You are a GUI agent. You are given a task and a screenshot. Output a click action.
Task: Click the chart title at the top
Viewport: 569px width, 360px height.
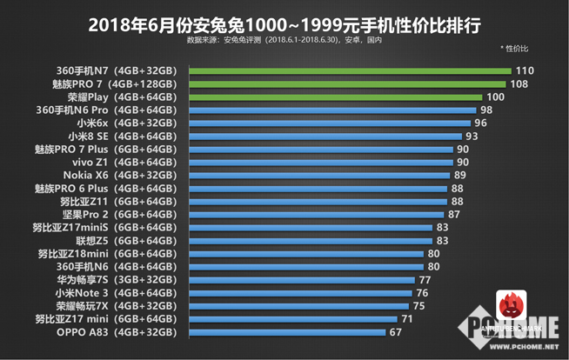[284, 21]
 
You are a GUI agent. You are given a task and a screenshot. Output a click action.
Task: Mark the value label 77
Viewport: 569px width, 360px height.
[425, 280]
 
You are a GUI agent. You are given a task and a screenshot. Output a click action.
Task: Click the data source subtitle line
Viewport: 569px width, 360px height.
[284, 40]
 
